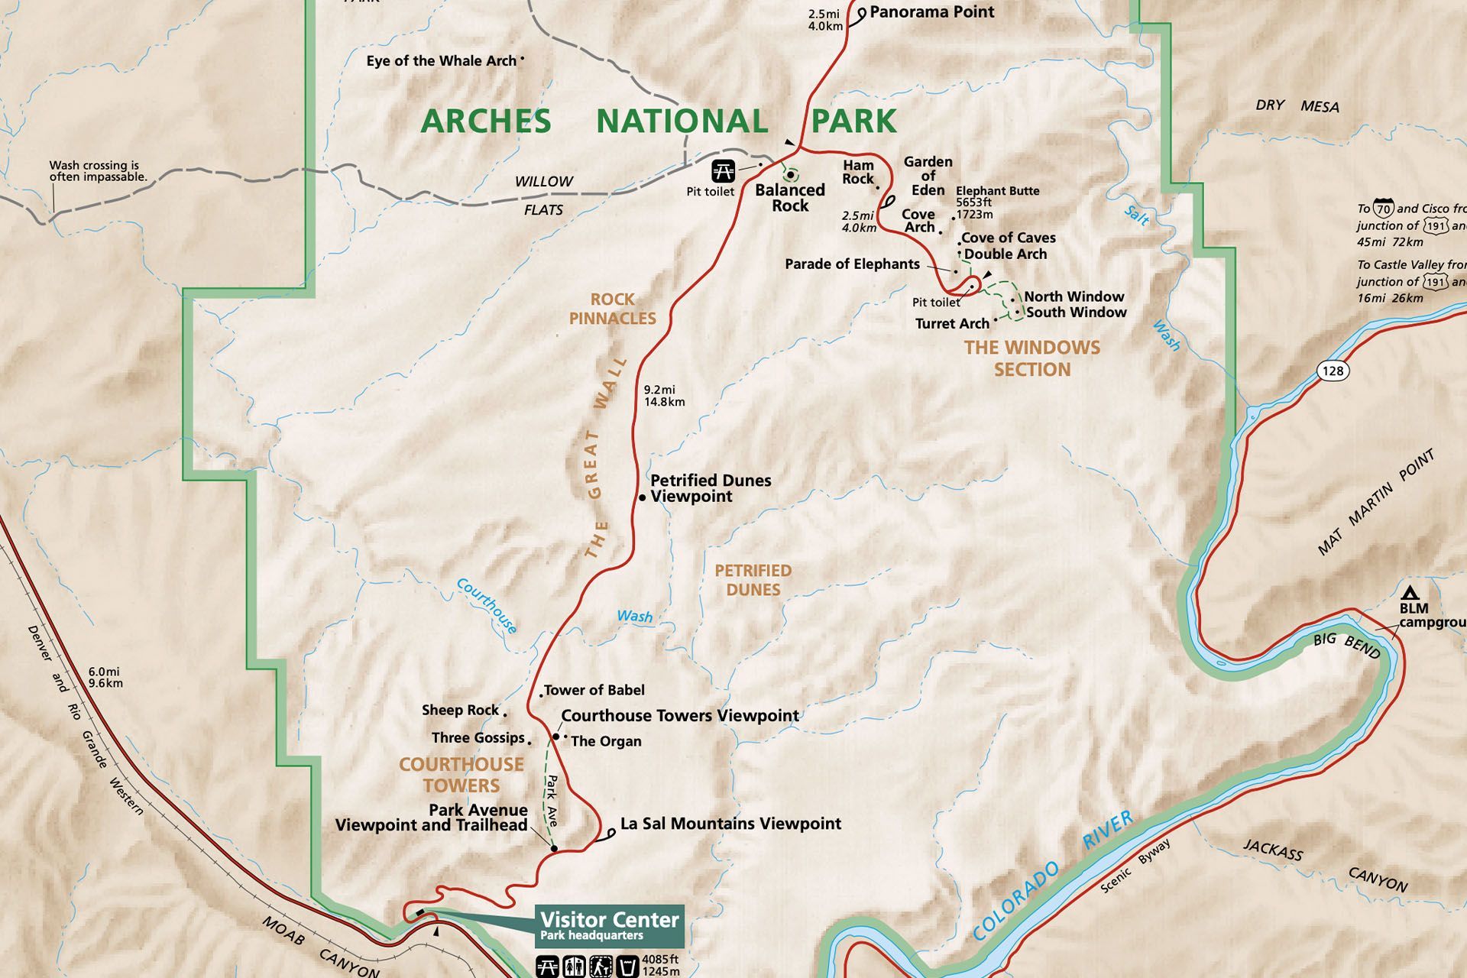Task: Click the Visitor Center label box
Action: pyautogui.click(x=610, y=925)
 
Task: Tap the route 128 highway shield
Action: pyautogui.click(x=1333, y=371)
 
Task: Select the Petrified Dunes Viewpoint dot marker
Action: pyautogui.click(x=643, y=497)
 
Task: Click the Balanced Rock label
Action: pyautogui.click(x=790, y=198)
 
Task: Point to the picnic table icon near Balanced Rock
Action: pyautogui.click(x=723, y=170)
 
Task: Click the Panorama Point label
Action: pyautogui.click(x=931, y=12)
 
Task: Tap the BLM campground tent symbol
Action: pyautogui.click(x=1410, y=593)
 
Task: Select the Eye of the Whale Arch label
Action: pyautogui.click(x=441, y=61)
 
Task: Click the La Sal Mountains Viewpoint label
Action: pyautogui.click(x=730, y=824)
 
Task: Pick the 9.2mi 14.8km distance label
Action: pyautogui.click(x=663, y=396)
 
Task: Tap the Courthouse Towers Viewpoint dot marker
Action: pyautogui.click(x=556, y=737)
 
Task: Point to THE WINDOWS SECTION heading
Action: pyautogui.click(x=1031, y=358)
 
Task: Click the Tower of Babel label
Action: pyautogui.click(x=594, y=690)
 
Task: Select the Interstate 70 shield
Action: pyautogui.click(x=1384, y=208)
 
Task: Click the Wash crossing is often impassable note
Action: pyautogui.click(x=98, y=171)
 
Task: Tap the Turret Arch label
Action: pyautogui.click(x=952, y=324)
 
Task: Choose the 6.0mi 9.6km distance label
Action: pyautogui.click(x=105, y=678)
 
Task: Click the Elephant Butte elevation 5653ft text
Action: pyautogui.click(x=973, y=202)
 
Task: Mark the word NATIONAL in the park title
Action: pyautogui.click(x=682, y=121)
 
